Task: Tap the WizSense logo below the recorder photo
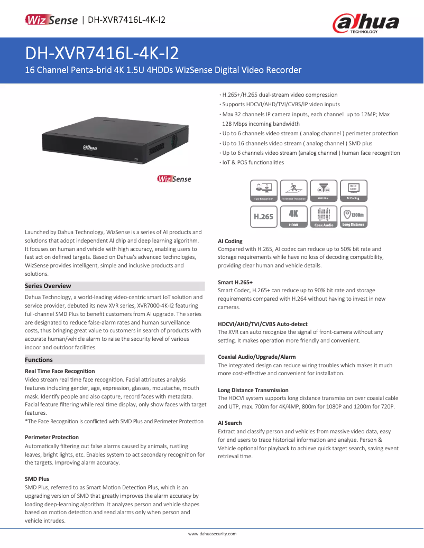point(174,179)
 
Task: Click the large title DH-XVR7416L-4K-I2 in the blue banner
point(102,53)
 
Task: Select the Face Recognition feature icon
point(263,191)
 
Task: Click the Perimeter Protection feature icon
point(293,191)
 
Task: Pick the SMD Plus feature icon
point(323,191)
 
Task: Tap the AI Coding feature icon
point(353,191)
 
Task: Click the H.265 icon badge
point(263,217)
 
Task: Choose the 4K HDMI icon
point(293,217)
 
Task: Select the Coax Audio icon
point(323,217)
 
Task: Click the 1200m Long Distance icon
point(353,217)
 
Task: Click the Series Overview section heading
point(48,286)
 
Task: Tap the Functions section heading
point(39,360)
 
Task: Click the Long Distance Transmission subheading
point(253,390)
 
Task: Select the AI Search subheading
point(230,423)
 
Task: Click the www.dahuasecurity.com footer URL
point(212,534)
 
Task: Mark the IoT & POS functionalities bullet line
point(253,162)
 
